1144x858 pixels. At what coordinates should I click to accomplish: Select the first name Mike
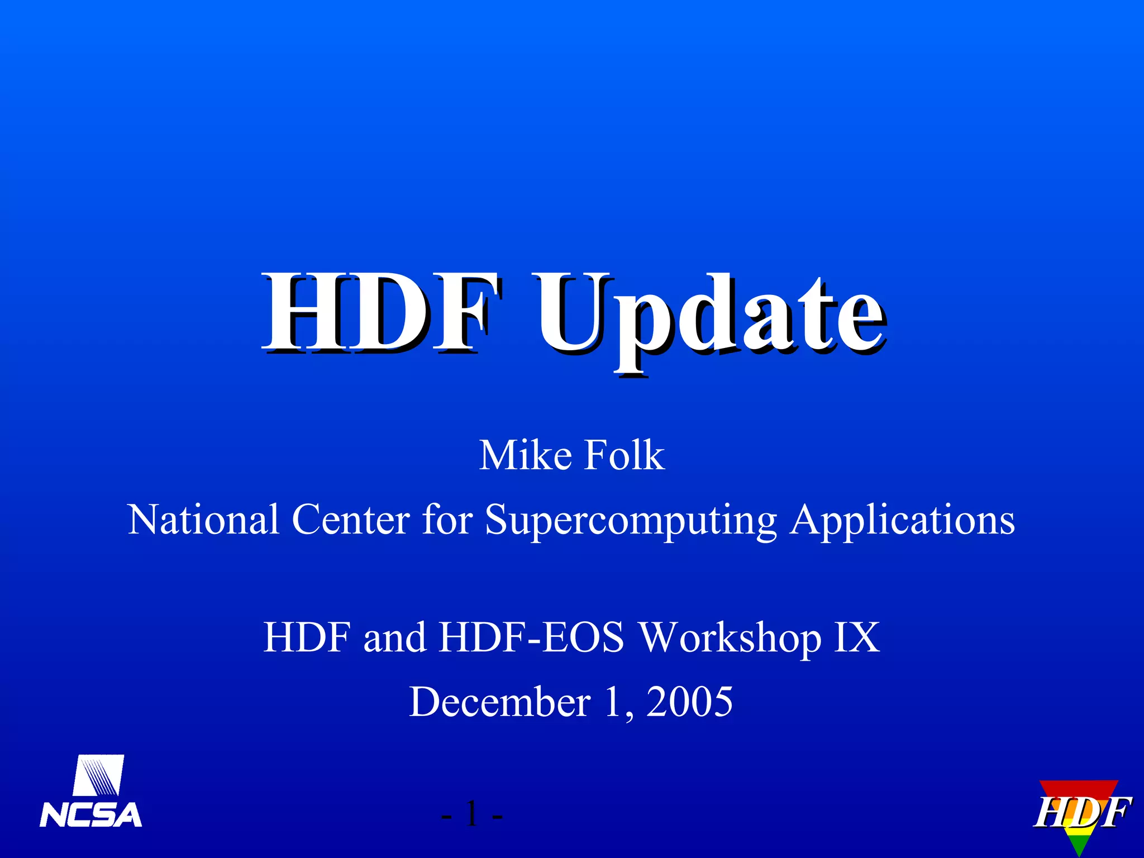(525, 455)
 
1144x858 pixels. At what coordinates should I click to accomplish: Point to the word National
(203, 519)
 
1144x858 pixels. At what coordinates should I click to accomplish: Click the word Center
(351, 519)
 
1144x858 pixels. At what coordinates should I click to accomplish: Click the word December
(500, 702)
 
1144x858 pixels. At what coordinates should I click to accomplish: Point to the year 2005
(690, 702)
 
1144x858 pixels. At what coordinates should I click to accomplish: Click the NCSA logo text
(91, 815)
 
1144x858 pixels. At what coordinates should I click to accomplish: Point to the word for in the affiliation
(447, 519)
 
